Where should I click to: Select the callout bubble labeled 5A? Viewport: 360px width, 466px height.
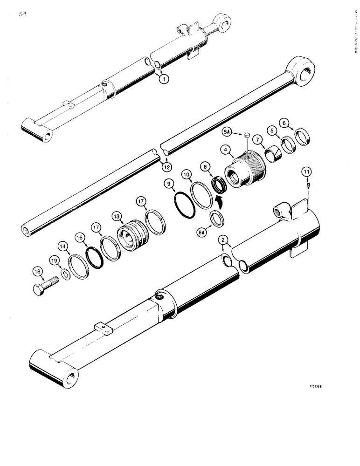pyautogui.click(x=228, y=133)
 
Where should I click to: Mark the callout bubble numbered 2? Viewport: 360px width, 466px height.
pyautogui.click(x=225, y=240)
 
